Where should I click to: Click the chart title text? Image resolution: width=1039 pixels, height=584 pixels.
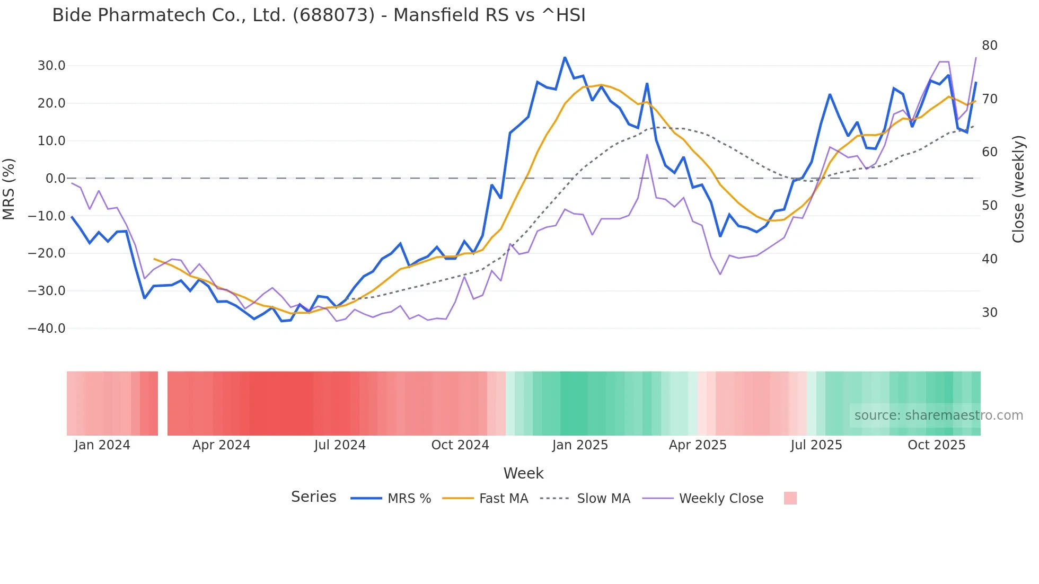(x=319, y=15)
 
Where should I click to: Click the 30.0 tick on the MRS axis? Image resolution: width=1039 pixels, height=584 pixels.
(x=51, y=66)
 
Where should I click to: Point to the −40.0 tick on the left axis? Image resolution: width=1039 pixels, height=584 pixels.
(x=47, y=329)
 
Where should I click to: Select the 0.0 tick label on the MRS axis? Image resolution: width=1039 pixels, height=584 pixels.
(x=55, y=179)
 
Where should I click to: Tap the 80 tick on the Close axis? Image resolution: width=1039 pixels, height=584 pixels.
(x=989, y=46)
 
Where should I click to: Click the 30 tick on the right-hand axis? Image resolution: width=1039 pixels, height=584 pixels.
(x=989, y=313)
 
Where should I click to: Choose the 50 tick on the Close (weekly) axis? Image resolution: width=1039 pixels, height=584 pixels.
(x=989, y=206)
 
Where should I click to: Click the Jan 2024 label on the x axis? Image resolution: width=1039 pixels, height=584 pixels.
(x=102, y=445)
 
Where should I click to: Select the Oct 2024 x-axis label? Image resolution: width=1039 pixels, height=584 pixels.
(x=460, y=445)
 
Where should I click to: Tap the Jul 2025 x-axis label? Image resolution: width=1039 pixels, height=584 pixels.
(x=816, y=445)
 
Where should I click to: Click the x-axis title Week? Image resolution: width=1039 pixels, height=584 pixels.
(x=523, y=473)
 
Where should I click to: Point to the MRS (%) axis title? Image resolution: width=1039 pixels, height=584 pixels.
(x=9, y=189)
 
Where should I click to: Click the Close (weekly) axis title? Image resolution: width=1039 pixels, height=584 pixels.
(x=1018, y=189)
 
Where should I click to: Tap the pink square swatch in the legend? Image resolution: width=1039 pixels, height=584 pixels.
(x=790, y=498)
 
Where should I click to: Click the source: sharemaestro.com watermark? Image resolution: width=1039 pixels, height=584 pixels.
(x=938, y=415)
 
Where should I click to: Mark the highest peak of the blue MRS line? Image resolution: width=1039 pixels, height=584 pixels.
(x=565, y=57)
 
